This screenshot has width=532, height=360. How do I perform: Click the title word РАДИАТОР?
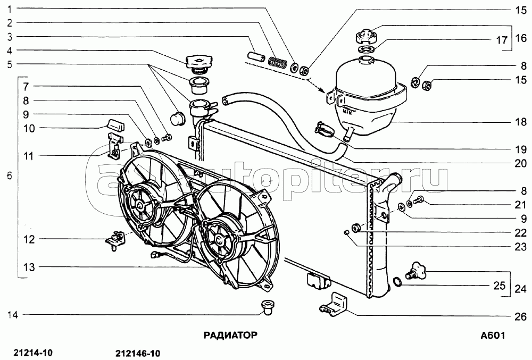pyautogui.click(x=230, y=335)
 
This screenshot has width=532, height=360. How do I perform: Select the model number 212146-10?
pyautogui.click(x=137, y=353)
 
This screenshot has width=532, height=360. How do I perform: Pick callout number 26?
pyautogui.click(x=520, y=317)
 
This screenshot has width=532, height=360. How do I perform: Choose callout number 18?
pyautogui.click(x=520, y=122)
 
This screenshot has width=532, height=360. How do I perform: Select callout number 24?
pyautogui.click(x=520, y=290)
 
